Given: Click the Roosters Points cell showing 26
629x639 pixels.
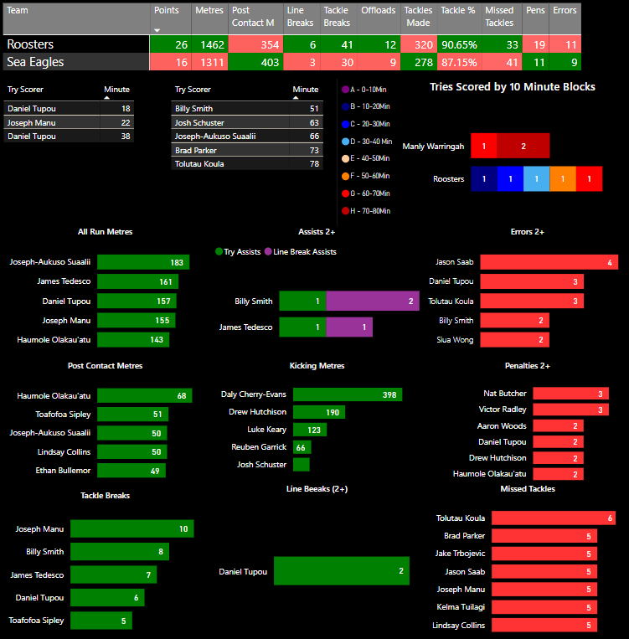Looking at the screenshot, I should pos(171,44).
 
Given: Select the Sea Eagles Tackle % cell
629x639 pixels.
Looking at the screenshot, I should pos(459,62).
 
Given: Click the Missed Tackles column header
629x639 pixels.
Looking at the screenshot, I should pos(502,16).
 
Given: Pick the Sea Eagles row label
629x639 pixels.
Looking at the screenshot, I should pos(75,62).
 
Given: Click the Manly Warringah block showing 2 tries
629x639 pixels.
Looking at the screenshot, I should pos(523,146).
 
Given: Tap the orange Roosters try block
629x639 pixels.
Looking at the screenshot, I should pos(563,178).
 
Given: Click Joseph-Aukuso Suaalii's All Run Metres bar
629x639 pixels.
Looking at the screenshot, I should pos(143,262).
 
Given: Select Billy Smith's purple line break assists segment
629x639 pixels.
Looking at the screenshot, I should pos(372,301).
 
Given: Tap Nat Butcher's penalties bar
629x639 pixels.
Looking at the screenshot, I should pos(570,394).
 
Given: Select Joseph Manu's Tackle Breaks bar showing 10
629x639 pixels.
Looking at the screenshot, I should pos(131,528).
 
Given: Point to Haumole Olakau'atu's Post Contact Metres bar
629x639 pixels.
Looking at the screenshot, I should pos(144,395).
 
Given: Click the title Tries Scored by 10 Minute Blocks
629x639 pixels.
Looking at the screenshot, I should pos(513,87).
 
